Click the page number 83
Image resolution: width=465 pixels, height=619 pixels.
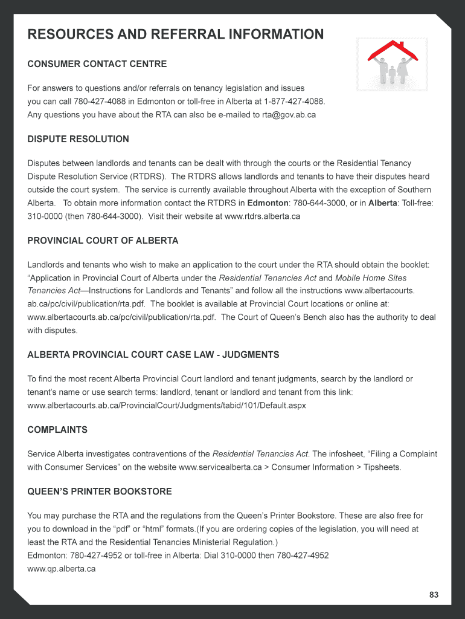coord(434,595)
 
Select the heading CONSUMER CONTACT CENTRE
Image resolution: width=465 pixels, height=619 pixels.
coord(97,64)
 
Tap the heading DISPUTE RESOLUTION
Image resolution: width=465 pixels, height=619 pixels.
coord(78,139)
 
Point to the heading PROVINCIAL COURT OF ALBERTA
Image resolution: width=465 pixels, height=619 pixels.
coord(103,241)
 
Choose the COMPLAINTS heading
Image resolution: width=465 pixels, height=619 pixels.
coord(57,430)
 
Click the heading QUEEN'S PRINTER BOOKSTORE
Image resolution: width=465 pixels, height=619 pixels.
coord(100,491)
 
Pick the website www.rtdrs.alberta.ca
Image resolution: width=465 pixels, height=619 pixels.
coord(262,216)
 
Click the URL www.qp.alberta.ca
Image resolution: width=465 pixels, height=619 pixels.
coord(62,569)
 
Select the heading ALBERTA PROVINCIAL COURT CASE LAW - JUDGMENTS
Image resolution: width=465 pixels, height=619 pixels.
coord(153,354)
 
